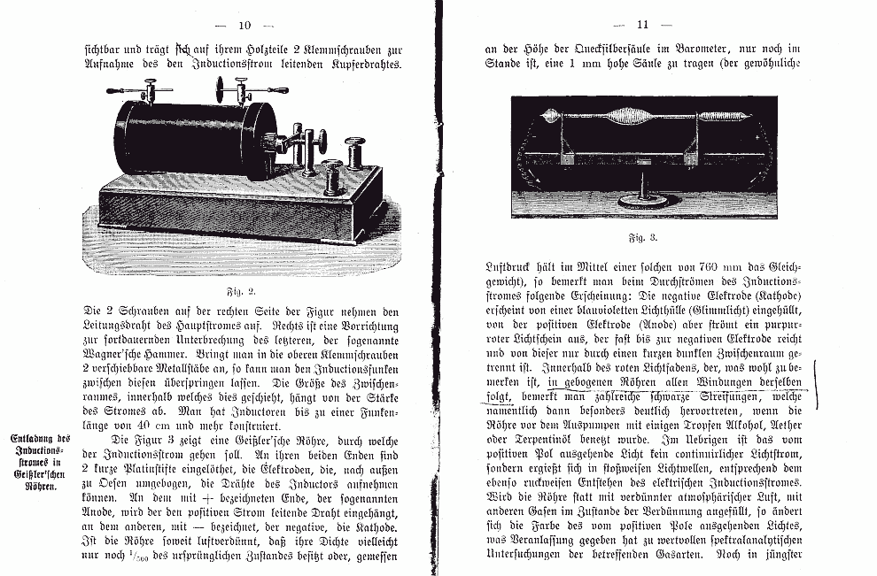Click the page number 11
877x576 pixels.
[642, 25]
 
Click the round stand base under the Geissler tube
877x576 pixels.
[643, 200]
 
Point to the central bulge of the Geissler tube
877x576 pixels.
[632, 116]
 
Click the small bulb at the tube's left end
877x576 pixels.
[550, 115]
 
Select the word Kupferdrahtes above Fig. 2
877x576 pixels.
[354, 65]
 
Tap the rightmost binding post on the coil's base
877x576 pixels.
[355, 152]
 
